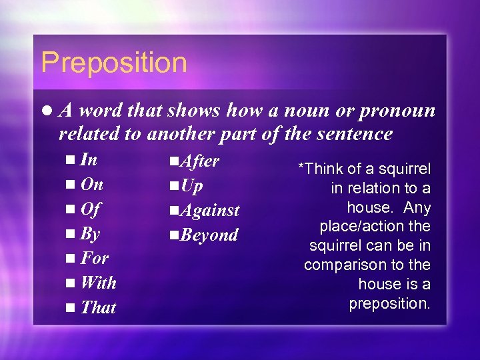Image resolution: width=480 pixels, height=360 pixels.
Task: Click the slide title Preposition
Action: [x=114, y=63]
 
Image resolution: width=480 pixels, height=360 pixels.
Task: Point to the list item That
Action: [x=98, y=307]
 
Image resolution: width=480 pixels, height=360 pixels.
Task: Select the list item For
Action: [x=94, y=258]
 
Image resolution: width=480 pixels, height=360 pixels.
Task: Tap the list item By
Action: [x=90, y=234]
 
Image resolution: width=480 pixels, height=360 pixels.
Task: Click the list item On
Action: [x=91, y=185]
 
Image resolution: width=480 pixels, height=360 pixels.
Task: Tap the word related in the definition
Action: [x=89, y=134]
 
